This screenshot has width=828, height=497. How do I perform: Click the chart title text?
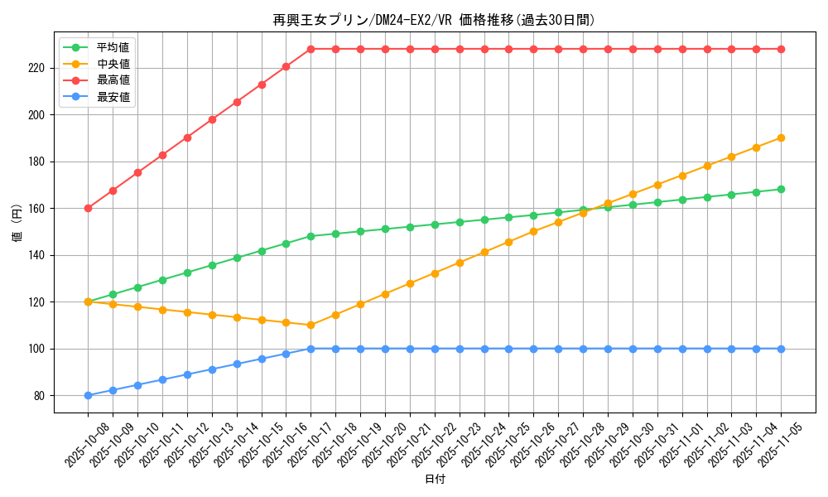point(434,20)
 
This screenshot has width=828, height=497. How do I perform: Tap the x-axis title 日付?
point(434,480)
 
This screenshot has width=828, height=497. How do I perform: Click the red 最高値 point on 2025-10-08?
point(88,208)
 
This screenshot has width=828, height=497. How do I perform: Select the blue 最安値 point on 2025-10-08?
point(88,395)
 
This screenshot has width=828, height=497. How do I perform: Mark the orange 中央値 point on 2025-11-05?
point(781,138)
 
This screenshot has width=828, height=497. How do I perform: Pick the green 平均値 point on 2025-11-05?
point(781,189)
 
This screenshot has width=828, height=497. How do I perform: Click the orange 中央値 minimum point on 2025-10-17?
point(310,325)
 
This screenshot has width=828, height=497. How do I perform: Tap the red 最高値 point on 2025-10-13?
point(212,119)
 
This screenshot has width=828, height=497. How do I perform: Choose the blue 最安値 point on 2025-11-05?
point(781,349)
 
